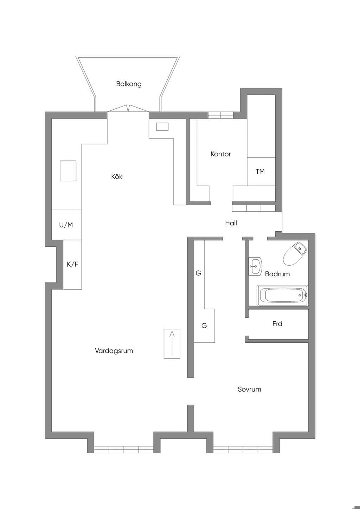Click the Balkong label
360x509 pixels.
click(x=129, y=84)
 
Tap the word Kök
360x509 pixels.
click(x=117, y=176)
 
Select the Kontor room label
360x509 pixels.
click(x=220, y=154)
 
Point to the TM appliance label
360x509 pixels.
click(x=260, y=172)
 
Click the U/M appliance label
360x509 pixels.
click(x=66, y=225)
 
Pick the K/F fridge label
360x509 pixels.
click(x=72, y=264)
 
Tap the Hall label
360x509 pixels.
click(x=231, y=223)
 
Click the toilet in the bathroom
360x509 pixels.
click(x=295, y=253)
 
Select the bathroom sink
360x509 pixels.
click(x=256, y=266)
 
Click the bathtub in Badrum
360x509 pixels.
click(x=283, y=295)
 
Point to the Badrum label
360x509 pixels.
click(x=277, y=274)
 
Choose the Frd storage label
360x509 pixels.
click(x=277, y=324)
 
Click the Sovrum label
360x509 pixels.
click(x=249, y=389)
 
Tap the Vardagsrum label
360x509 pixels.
click(x=114, y=350)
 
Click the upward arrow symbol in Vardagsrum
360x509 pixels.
click(x=172, y=343)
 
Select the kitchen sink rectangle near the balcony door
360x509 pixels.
click(x=162, y=127)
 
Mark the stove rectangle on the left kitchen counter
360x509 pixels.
click(x=68, y=170)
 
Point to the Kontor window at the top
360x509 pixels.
click(x=221, y=115)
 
